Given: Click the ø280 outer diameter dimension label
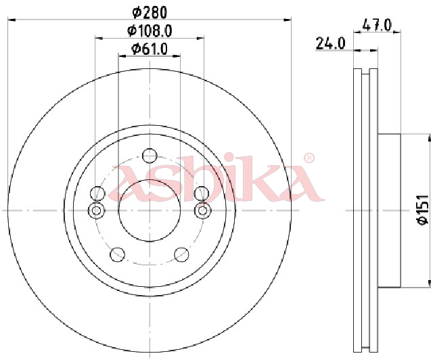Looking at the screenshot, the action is pos(150,13).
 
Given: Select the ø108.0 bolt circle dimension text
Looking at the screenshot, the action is pos(150,31).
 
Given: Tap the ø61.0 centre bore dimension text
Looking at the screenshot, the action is pos(150,49).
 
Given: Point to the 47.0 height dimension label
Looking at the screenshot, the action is pos(377,25).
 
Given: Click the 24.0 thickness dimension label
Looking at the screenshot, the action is pos(330,43).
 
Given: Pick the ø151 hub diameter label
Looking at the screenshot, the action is pos(423,210).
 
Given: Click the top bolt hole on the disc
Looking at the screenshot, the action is pos(150,156).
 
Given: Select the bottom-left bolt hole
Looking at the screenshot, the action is pos(117,254).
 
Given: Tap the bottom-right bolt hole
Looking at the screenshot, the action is pos(182,254).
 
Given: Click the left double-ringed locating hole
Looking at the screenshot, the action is pos(96,211).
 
